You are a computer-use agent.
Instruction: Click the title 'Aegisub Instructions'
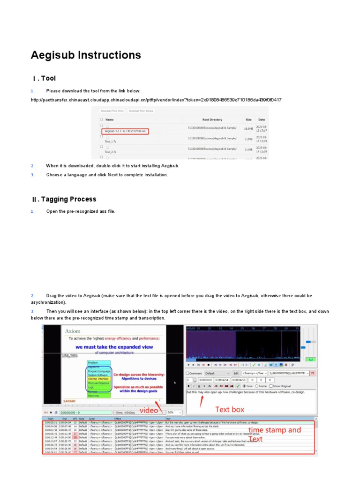pos(86,55)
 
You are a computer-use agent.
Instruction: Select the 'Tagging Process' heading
pos(68,199)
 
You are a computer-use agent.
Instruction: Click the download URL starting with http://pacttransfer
pos(156,100)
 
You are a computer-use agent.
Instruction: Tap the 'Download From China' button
pos(112,111)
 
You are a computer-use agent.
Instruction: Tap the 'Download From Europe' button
pos(141,111)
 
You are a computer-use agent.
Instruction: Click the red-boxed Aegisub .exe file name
pos(125,131)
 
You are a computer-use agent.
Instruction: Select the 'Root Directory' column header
pos(212,120)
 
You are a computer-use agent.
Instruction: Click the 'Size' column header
pos(248,120)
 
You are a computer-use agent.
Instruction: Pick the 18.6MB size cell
pos(248,128)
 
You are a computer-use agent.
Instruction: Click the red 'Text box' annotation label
pos(229,409)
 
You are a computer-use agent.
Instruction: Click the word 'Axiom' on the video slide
pos(73,330)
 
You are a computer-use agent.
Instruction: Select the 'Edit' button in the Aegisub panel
pos(236,373)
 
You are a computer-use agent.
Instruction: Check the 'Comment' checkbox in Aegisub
pos(188,373)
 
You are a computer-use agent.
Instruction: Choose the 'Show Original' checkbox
pos(271,386)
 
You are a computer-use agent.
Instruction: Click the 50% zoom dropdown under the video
pos(174,412)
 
